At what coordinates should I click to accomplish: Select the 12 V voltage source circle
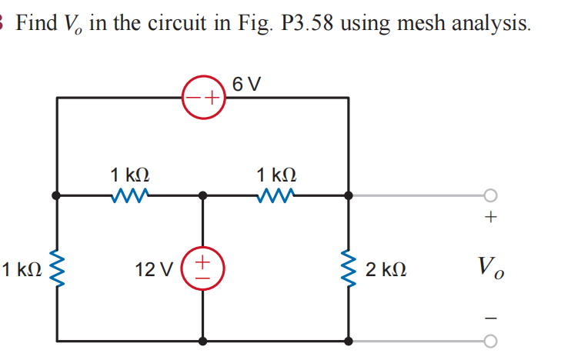[x=202, y=268]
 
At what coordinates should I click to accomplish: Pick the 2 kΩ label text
[x=386, y=270]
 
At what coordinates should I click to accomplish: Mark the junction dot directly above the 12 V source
[x=202, y=195]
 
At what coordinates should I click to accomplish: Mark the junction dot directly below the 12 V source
[x=202, y=340]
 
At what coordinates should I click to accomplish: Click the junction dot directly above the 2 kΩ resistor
[x=349, y=195]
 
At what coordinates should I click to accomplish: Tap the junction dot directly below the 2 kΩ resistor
[x=349, y=340]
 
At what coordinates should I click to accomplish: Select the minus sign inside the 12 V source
[x=202, y=278]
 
